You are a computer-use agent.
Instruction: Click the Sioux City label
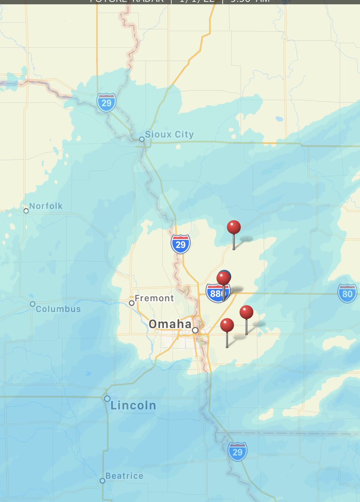coord(169,134)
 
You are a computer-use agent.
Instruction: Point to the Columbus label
coord(58,309)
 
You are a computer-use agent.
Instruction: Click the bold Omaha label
coord(170,324)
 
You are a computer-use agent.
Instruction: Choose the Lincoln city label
coord(133,405)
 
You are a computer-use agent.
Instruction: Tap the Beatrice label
coord(124,476)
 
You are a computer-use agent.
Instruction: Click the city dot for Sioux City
coord(142,139)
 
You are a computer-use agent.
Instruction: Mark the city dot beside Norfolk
coord(26,211)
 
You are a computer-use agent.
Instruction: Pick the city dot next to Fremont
coord(132,303)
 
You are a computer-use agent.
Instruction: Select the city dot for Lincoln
coord(107,399)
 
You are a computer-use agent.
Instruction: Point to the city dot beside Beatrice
coord(102,481)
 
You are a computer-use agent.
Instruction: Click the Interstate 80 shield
coord(347,293)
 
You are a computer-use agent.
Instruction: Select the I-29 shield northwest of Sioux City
coord(106,102)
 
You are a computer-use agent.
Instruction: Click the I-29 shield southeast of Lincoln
coord(237,452)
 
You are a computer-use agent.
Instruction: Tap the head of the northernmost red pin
coord(234,227)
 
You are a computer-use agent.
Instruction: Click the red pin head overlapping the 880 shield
coord(224,278)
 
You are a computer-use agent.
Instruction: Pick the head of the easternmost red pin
coord(246,312)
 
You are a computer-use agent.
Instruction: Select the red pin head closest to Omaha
coord(227,325)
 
